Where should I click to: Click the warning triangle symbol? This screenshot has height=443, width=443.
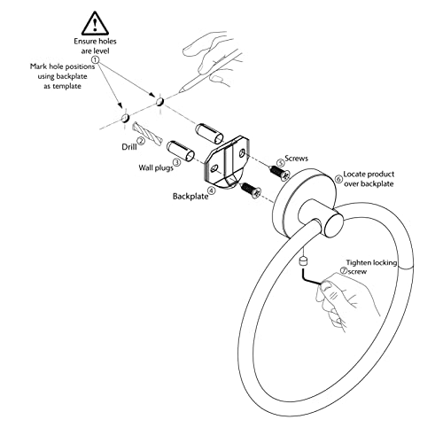[95, 24]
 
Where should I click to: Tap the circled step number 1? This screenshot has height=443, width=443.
[96, 60]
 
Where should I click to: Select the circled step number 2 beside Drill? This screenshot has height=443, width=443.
[142, 142]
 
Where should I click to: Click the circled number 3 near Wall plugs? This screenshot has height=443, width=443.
[177, 162]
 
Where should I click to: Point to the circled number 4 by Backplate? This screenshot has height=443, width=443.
[212, 190]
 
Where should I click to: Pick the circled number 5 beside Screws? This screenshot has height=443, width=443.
[280, 163]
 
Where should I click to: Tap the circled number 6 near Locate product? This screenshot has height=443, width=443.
[339, 179]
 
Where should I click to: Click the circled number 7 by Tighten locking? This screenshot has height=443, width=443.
[344, 270]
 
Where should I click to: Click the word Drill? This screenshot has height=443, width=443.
[129, 147]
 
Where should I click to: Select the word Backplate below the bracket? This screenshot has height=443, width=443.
[190, 197]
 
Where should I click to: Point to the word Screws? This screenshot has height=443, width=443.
[296, 159]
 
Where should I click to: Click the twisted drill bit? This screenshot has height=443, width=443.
[148, 134]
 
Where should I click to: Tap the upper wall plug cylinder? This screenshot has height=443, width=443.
[209, 134]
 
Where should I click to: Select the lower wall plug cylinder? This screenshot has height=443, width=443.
[181, 152]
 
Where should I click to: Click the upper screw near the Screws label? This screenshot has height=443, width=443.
[279, 173]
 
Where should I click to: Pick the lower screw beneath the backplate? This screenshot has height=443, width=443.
[251, 190]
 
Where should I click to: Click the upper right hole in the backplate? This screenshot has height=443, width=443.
[242, 153]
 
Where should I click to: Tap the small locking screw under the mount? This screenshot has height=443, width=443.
[303, 261]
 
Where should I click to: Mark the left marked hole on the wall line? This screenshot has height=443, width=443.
[125, 119]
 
